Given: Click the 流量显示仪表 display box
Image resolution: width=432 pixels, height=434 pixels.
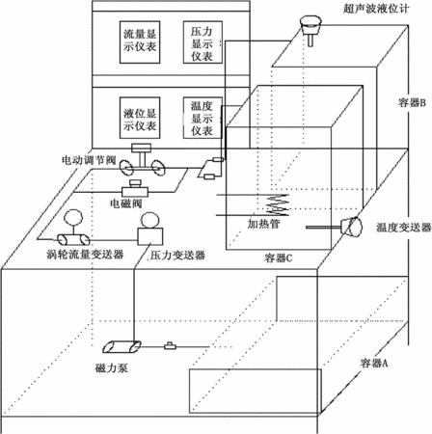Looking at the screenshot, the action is point(140,42).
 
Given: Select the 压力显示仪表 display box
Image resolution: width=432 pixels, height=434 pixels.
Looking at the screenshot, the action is point(202,42).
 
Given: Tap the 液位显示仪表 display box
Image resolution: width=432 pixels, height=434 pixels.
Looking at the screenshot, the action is point(140,118).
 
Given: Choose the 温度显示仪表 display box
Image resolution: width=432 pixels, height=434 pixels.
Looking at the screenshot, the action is point(202,118).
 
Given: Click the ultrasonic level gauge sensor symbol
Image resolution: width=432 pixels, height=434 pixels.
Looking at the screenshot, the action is point(310,31).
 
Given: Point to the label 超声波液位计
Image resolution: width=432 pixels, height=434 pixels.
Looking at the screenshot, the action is point(376,9).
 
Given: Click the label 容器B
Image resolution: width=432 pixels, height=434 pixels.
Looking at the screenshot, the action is point(412,102).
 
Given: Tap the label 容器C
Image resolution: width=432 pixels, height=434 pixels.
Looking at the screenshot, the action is point(279,258).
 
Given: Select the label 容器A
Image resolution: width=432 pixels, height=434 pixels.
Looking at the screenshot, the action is point(374,363).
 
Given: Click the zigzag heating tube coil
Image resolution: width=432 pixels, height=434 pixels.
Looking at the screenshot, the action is point(278,204).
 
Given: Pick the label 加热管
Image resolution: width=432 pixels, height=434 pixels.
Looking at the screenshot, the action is point(263,224).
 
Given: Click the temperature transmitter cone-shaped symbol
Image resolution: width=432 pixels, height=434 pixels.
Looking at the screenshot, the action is point(351,227).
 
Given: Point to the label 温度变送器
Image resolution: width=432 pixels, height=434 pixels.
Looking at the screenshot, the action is point(404,228).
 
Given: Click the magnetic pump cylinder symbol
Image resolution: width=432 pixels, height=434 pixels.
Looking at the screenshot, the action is point(121,346).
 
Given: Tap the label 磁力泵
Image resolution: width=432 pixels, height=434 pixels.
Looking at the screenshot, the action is point(112,367).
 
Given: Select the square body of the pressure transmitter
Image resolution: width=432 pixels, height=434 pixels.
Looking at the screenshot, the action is point(150,236).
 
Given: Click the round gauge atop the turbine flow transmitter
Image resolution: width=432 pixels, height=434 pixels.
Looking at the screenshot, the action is point(73,218).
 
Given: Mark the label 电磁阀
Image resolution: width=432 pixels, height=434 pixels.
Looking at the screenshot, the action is point(126,203).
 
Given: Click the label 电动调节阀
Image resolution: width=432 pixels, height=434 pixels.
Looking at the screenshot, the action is point(89,160).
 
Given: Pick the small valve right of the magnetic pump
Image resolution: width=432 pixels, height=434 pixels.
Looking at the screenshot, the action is point(170,346).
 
